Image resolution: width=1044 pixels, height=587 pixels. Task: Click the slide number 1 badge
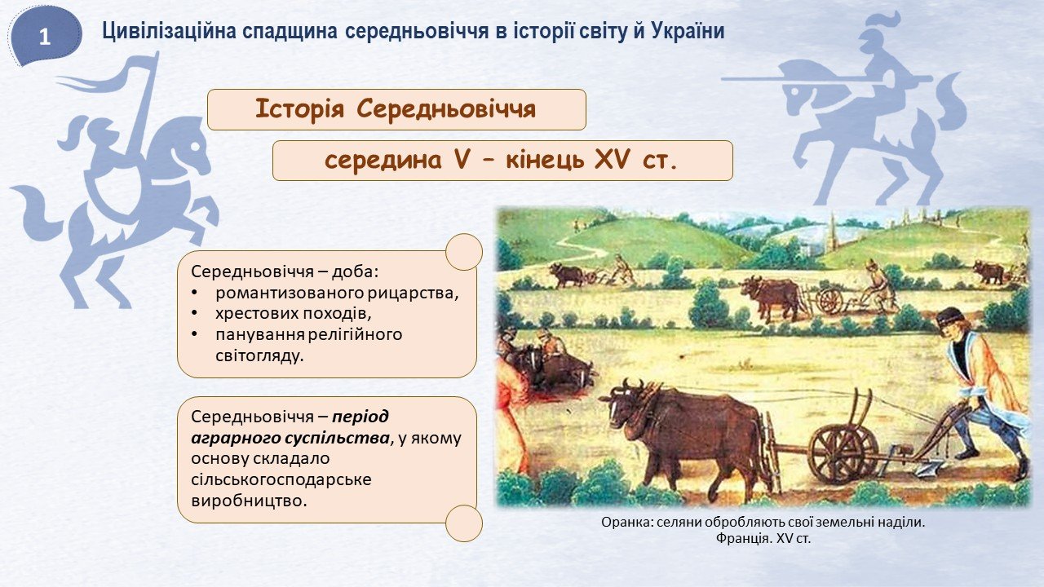pos(44,37)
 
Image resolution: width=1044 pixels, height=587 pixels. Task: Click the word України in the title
pos(688,32)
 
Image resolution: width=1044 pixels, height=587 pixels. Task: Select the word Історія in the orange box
pos(299,109)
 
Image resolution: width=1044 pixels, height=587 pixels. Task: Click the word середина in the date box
pos(383,161)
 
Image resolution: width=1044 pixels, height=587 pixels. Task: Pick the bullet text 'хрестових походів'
pos(293,313)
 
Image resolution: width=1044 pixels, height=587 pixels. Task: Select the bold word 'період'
pos(360,417)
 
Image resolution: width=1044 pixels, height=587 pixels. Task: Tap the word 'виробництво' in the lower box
pos(249,501)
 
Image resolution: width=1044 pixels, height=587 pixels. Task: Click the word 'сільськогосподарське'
pos(281,480)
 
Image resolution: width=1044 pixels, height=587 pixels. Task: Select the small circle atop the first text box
pos(464,252)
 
